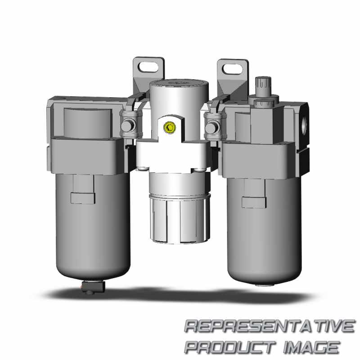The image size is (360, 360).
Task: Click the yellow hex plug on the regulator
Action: [170, 127]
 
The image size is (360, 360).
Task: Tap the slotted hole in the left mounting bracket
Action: [148, 67]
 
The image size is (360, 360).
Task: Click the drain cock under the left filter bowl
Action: [94, 287]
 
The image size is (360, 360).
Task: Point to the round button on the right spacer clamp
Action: [212, 127]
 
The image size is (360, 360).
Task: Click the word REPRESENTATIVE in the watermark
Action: [270, 326]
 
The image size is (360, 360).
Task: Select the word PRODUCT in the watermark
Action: [230, 346]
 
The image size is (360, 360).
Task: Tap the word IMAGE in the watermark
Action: [311, 346]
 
